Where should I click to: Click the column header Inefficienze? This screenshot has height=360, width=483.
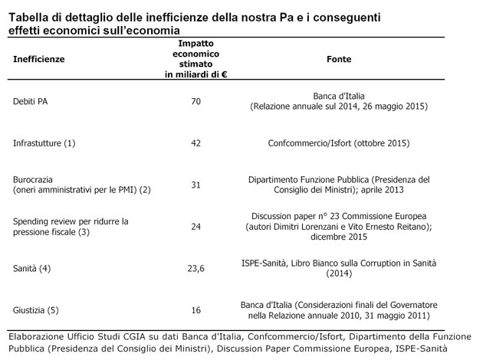pyautogui.click(x=39, y=59)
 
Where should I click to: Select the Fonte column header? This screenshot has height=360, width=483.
pyautogui.click(x=339, y=59)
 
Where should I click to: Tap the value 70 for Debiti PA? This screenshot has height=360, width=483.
pyautogui.click(x=196, y=101)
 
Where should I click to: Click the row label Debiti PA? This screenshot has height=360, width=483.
pyautogui.click(x=30, y=101)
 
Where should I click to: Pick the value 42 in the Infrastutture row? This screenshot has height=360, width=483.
pyautogui.click(x=196, y=143)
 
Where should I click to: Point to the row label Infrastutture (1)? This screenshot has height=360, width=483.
pyautogui.click(x=44, y=143)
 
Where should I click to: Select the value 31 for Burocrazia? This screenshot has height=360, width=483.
pyautogui.click(x=196, y=185)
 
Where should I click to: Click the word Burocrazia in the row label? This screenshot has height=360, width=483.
pyautogui.click(x=33, y=179)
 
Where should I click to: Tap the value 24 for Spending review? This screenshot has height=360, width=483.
pyautogui.click(x=196, y=227)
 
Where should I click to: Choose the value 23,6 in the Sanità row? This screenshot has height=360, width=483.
pyautogui.click(x=196, y=269)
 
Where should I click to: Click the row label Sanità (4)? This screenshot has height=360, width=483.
pyautogui.click(x=31, y=269)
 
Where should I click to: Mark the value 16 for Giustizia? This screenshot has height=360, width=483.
pyautogui.click(x=196, y=310)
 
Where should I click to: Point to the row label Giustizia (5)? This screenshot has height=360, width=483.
pyautogui.click(x=36, y=310)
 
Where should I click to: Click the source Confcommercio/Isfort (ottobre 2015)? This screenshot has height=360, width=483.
pyautogui.click(x=339, y=143)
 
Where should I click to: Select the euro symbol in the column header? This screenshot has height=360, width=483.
pyautogui.click(x=224, y=74)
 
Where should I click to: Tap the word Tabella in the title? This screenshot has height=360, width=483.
pyautogui.click(x=28, y=18)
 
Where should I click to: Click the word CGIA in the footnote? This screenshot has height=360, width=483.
pyautogui.click(x=134, y=336)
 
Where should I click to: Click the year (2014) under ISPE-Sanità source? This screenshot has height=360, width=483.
pyautogui.click(x=339, y=273)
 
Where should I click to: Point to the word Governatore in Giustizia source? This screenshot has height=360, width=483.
pyautogui.click(x=414, y=305)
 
